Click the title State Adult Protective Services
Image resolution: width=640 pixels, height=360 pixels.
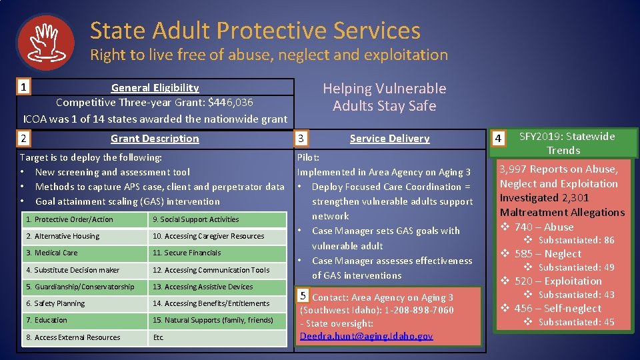tap(255, 31)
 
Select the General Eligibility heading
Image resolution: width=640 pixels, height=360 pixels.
tap(155, 88)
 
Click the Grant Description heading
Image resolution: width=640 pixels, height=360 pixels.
tap(155, 139)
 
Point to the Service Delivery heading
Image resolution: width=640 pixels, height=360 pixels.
tap(389, 139)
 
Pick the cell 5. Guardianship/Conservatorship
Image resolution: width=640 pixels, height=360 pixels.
tap(83, 287)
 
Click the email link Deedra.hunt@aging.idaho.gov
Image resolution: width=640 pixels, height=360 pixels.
tap(366, 336)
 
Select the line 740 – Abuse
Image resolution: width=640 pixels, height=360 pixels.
tap(543, 227)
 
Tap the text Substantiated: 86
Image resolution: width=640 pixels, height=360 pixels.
tap(576, 240)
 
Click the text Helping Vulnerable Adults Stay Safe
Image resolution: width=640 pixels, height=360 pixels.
tap(385, 97)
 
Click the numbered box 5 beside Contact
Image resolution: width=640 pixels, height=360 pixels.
tap(303, 296)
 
